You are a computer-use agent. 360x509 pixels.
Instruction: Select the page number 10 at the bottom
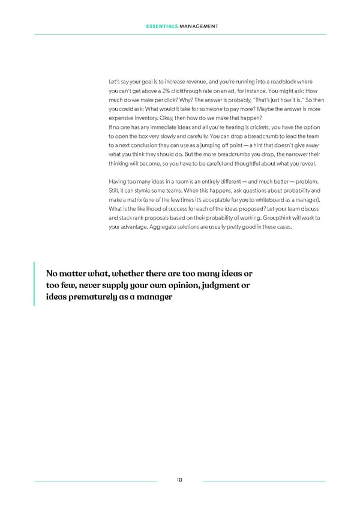179,480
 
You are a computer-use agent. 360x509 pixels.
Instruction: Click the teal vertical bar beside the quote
35,284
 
